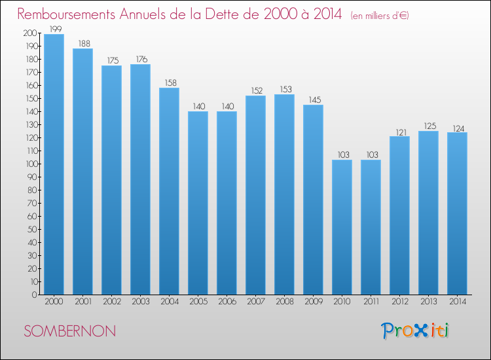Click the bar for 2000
click(x=54, y=164)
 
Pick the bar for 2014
click(x=457, y=213)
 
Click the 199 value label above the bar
click(x=54, y=29)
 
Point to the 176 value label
click(x=140, y=59)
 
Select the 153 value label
click(x=284, y=89)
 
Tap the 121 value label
click(x=399, y=131)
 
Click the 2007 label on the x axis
click(x=255, y=302)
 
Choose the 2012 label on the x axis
click(x=399, y=302)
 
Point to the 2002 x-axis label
click(x=111, y=302)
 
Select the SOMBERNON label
click(x=69, y=331)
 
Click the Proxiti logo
click(x=415, y=331)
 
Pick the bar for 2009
click(x=313, y=200)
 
